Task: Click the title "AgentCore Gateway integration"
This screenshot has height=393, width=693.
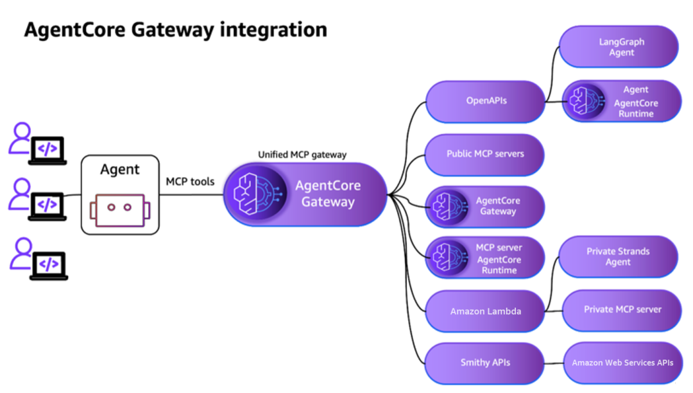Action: pos(175,29)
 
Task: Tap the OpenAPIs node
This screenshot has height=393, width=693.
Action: pos(486,101)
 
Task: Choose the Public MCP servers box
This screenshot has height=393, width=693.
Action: pos(485,154)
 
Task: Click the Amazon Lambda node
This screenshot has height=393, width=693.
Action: pos(485,311)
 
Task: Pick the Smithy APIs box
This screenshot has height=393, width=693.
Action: pos(485,362)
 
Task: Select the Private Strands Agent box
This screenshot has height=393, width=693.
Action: pos(619,256)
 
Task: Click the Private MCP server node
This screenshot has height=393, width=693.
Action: pos(622,309)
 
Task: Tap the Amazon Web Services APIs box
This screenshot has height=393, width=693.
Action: pos(622,362)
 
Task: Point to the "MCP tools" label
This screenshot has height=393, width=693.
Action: pos(190,181)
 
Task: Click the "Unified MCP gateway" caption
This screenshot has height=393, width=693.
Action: pos(302,155)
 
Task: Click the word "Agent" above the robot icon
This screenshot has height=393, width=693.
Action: pos(120,170)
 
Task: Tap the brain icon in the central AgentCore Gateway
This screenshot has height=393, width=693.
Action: pos(254,194)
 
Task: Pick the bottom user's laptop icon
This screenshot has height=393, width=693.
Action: pos(48,265)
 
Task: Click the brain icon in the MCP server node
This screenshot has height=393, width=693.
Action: pos(447,258)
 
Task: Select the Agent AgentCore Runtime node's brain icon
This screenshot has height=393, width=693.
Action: pos(584,101)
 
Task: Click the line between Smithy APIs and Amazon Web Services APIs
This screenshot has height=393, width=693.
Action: pos(554,363)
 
